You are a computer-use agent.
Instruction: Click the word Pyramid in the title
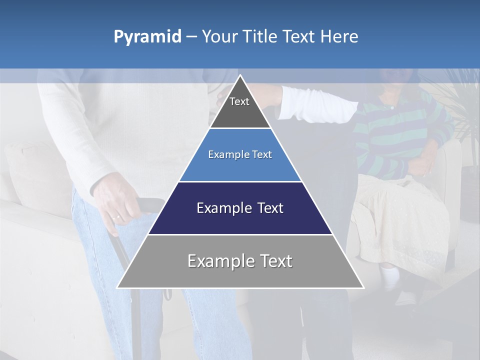[x=147, y=37]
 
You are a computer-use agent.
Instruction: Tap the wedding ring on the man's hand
[x=116, y=217]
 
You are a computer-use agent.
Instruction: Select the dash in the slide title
[x=191, y=37]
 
